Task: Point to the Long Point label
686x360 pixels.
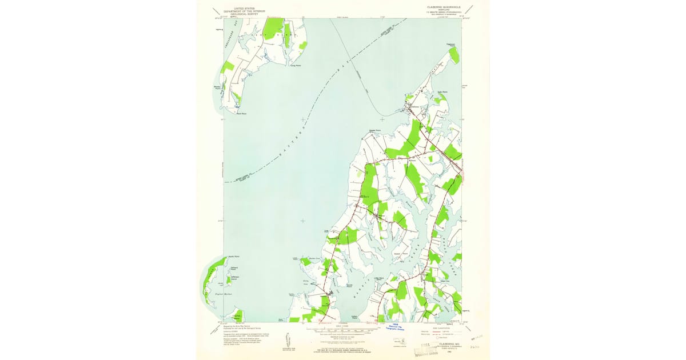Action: click(x=295, y=66)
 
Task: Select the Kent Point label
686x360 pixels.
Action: click(x=241, y=113)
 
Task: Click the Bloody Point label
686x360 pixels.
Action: click(x=217, y=87)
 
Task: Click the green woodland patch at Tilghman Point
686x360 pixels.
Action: click(x=454, y=55)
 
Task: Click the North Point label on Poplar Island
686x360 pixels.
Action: click(x=233, y=257)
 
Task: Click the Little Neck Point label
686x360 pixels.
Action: click(x=378, y=279)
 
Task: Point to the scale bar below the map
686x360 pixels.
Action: click(x=342, y=330)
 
